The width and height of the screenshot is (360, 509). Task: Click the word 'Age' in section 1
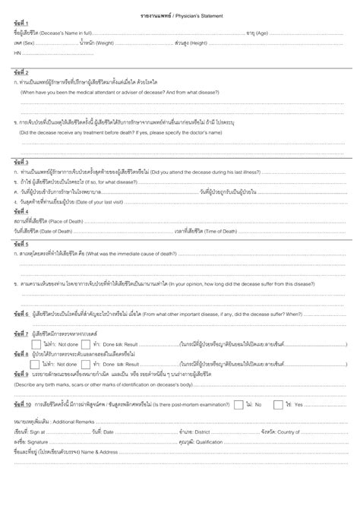[x=261, y=33]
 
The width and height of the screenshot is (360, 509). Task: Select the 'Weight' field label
[x=104, y=43]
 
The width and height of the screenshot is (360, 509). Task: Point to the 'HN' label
[x=17, y=54]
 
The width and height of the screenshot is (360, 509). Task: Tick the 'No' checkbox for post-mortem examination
[x=239, y=403]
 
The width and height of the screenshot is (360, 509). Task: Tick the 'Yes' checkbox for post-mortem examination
[x=279, y=403]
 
